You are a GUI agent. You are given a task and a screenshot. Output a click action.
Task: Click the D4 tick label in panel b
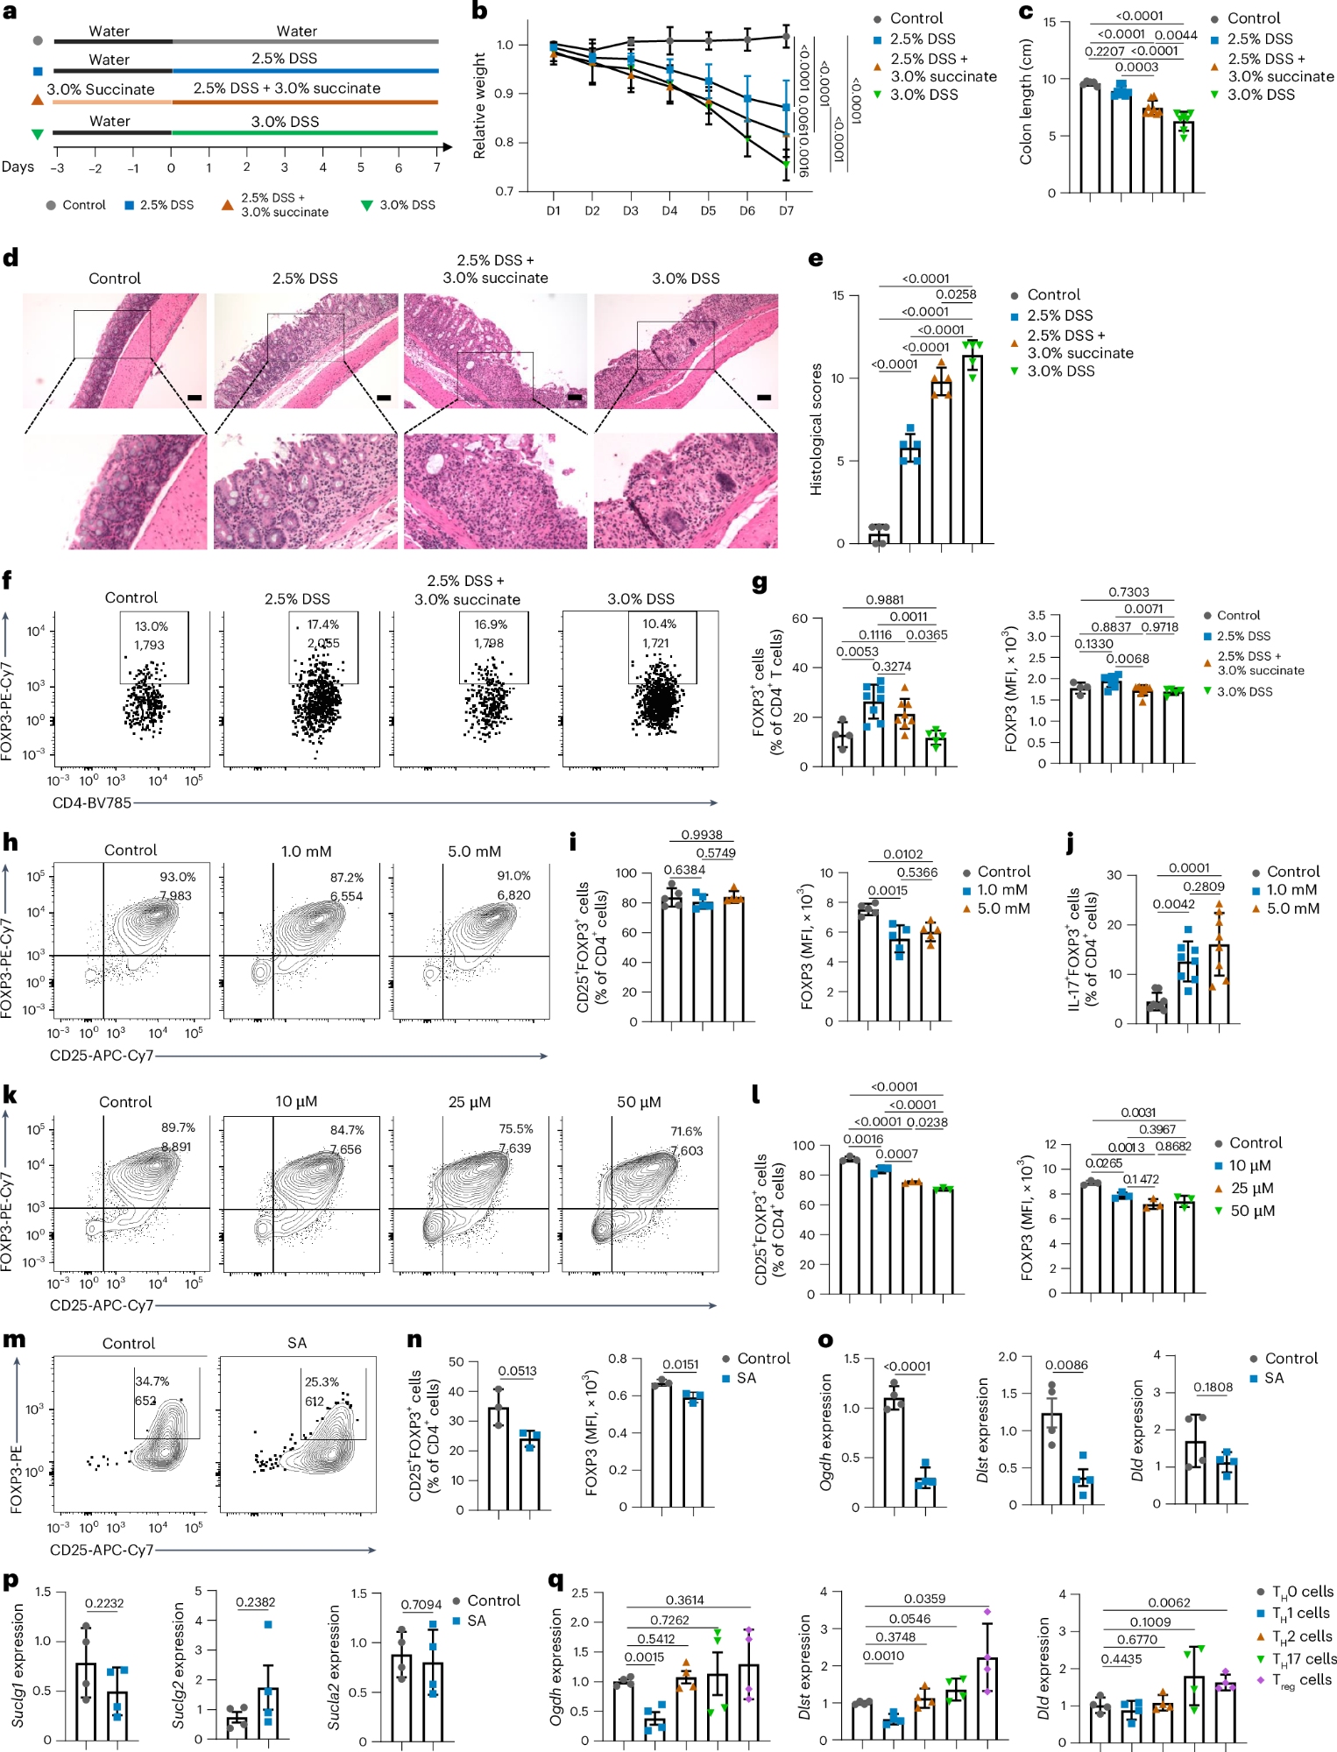pos(669,211)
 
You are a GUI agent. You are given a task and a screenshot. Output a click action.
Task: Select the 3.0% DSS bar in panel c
pos(1184,158)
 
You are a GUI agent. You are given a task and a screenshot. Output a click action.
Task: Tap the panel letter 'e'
pos(816,258)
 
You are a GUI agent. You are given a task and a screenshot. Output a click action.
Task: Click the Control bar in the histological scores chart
pos(879,538)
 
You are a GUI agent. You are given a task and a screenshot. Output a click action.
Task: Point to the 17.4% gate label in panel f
pos(322,625)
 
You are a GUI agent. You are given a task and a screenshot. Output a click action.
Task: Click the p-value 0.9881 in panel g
pos(885,600)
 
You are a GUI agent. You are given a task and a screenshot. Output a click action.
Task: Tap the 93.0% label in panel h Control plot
pos(177,877)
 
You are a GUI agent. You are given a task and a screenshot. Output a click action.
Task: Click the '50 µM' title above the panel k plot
pos(639,1102)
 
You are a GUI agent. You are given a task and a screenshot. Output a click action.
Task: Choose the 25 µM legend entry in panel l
pos(1252,1188)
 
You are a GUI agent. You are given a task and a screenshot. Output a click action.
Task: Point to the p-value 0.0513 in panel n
pos(517,1371)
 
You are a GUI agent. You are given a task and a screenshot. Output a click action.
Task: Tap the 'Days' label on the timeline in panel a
pos(18,166)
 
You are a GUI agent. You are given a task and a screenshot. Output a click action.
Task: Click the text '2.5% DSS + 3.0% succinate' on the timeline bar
pos(286,88)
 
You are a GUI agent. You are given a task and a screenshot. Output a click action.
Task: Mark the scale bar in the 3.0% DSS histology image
pos(764,398)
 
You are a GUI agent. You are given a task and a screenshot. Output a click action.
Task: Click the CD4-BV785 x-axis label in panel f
pos(91,802)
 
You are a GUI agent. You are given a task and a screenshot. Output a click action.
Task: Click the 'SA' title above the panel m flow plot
pos(297,1343)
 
